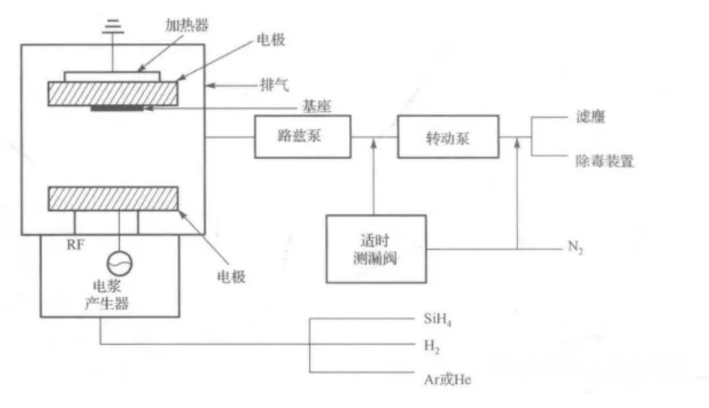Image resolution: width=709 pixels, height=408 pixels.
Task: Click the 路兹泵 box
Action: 303,138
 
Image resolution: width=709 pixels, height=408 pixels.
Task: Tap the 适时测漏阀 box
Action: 375,248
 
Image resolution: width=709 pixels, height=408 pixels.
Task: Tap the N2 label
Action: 575,248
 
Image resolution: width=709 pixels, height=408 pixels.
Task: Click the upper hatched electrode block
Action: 113,93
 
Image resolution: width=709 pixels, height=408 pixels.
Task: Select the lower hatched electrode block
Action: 113,199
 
